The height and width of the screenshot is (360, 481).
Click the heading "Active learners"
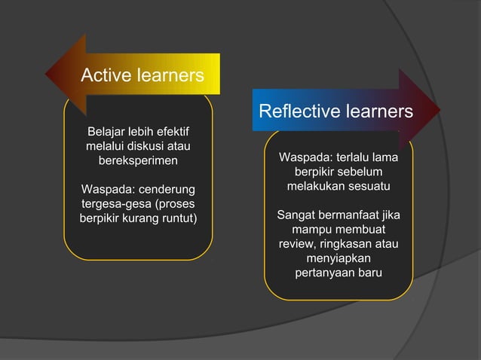(142, 75)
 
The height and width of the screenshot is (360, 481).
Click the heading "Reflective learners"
(335, 112)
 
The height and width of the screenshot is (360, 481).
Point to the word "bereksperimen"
(139, 160)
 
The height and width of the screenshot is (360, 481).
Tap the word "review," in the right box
(296, 243)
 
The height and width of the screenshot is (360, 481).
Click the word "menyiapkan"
(339, 258)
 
